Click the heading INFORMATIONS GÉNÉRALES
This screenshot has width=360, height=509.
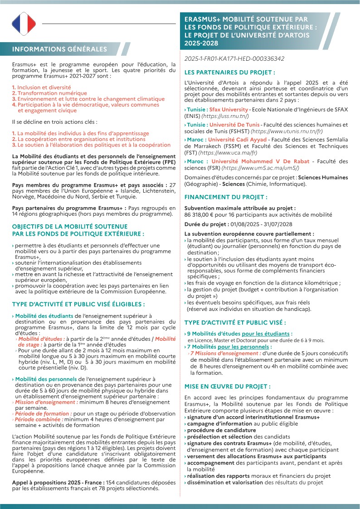pos(60,49)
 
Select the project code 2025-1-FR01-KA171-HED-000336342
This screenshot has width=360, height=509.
pos(234,58)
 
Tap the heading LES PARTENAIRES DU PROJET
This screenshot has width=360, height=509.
pos(229,72)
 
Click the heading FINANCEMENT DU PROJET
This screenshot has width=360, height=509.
pos(226,197)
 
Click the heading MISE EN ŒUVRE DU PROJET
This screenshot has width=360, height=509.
pos(227,387)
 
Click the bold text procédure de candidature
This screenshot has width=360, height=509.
pos(221,430)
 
